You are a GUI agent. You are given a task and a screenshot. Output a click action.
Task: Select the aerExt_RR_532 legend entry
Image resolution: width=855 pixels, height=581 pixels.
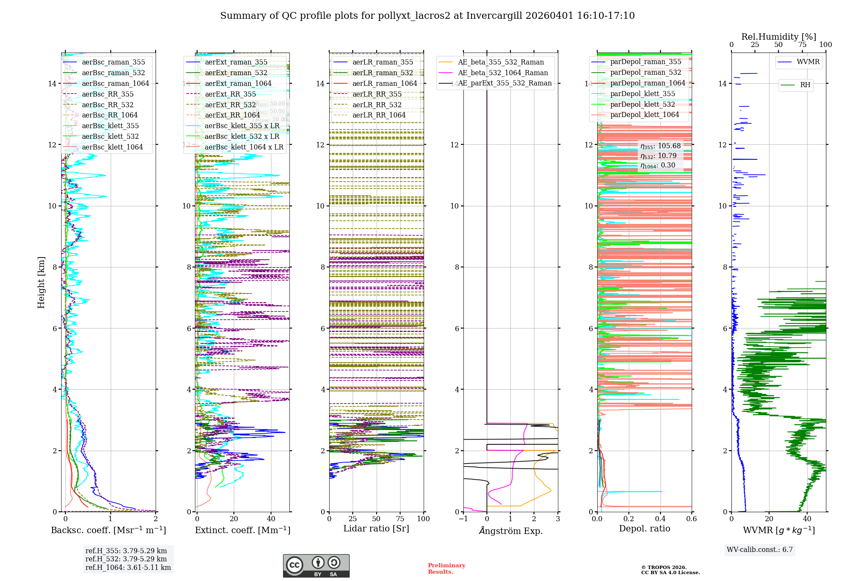(230, 105)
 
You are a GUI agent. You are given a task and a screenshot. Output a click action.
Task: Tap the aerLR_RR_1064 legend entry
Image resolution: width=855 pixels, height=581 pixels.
(379, 115)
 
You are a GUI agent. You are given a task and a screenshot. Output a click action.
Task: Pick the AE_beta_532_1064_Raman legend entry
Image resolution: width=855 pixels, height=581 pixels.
(503, 73)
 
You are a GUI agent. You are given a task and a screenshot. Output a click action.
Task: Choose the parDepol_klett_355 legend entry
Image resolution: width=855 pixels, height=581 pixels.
(643, 94)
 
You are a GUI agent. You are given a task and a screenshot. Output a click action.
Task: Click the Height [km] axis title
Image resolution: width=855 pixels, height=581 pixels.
(41, 282)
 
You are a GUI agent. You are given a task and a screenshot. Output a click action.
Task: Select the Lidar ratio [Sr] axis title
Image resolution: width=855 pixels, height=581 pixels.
(376, 528)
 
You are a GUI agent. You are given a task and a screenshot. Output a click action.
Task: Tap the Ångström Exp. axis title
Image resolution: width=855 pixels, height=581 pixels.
(511, 531)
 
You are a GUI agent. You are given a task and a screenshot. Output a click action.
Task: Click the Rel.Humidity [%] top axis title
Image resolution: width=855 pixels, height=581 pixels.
(778, 37)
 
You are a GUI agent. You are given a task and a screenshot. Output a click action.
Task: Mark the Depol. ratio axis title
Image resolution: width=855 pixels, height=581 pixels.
(645, 528)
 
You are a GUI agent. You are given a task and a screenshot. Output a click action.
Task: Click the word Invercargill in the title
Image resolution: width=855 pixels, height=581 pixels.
(494, 16)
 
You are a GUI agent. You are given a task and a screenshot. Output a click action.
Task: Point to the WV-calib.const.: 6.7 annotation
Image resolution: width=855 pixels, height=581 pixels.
(760, 550)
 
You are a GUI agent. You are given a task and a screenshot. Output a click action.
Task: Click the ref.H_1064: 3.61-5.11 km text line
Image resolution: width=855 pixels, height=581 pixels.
(128, 567)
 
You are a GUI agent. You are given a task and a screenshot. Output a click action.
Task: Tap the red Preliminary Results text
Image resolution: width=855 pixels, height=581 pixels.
(446, 569)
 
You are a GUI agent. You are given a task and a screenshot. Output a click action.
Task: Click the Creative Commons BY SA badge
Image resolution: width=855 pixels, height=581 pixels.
(316, 566)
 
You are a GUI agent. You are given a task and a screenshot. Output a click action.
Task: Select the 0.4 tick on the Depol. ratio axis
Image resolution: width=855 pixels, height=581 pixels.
(660, 519)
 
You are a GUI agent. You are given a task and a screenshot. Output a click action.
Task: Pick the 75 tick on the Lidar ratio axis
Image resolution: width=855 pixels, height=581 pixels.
(400, 519)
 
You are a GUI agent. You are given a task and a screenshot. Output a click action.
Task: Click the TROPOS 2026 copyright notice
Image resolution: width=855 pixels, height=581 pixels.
(670, 570)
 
